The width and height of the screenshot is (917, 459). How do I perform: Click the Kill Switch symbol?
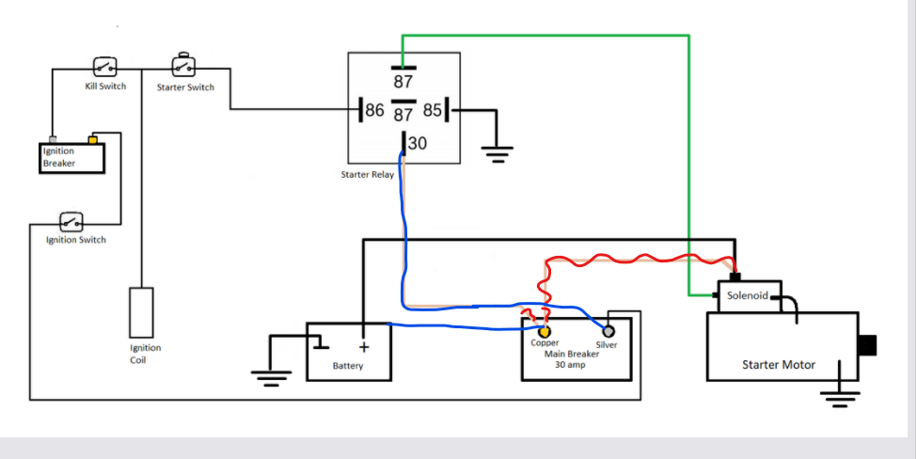pos(105,67)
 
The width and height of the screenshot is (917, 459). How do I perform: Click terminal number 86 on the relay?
pos(374,111)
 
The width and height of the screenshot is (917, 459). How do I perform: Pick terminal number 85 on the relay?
pos(433,111)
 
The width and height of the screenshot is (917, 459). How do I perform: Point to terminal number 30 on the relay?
pos(416,144)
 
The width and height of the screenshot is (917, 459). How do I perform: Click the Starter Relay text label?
pos(368,175)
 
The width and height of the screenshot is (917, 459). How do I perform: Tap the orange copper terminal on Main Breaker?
pos(545,332)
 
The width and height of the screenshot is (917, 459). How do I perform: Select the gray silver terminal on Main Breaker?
pos(609,332)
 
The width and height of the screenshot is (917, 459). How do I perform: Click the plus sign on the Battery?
pos(363,346)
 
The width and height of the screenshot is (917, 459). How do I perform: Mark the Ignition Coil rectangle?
pos(140,312)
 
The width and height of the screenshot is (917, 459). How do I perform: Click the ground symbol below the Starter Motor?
pos(834,395)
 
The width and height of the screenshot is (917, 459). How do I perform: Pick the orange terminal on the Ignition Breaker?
pos(92,140)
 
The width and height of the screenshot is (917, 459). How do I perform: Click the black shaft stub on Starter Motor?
pos(867,345)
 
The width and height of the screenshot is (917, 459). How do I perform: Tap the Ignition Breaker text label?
pos(58,157)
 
